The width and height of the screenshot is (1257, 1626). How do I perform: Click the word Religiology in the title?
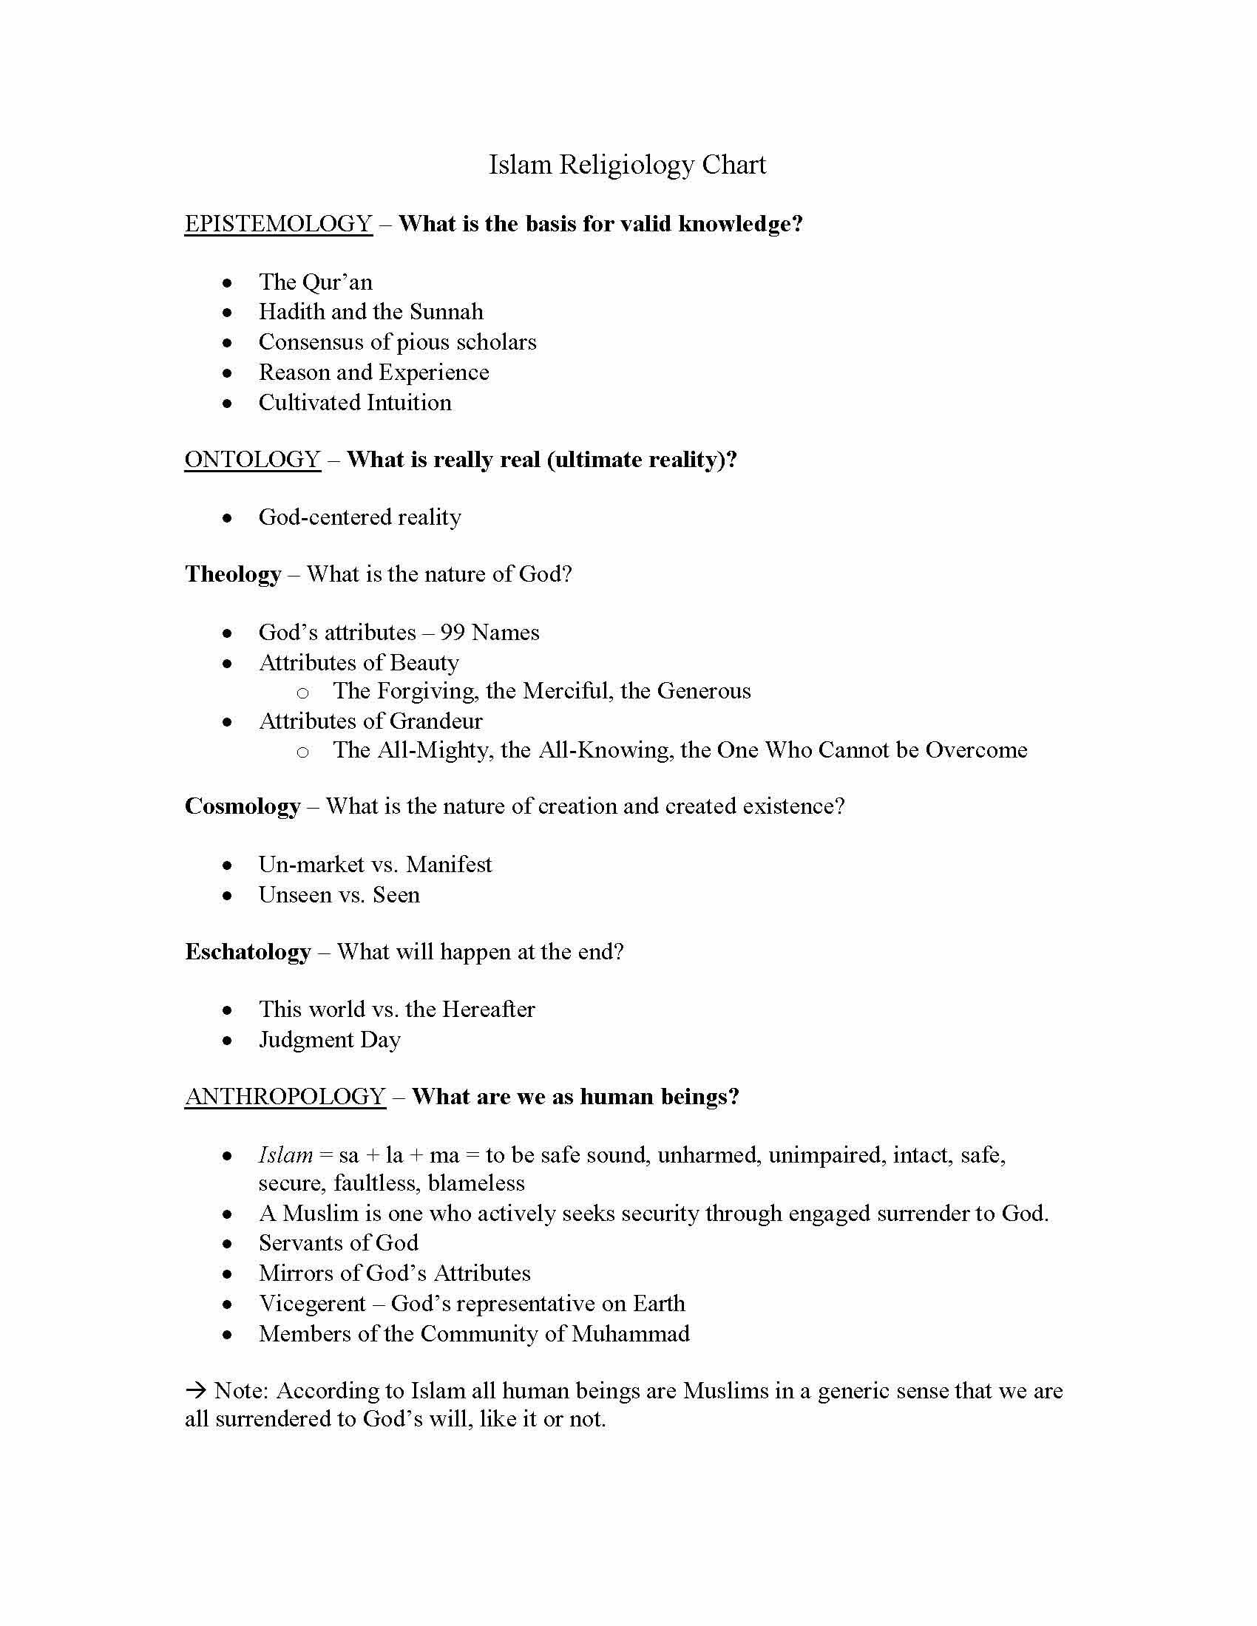(626, 166)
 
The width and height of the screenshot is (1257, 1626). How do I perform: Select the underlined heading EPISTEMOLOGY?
(278, 224)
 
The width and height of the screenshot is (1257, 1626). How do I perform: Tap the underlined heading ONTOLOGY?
(252, 460)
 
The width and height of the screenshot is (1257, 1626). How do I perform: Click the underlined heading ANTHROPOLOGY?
(285, 1097)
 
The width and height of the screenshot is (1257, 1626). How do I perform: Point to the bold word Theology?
(233, 574)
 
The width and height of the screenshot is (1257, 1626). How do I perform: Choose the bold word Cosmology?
(243, 806)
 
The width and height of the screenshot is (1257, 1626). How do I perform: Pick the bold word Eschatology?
(248, 951)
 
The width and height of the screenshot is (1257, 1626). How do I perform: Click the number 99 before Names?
(453, 633)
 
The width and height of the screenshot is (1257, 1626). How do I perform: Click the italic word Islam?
(285, 1154)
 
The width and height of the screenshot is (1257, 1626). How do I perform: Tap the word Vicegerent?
(312, 1304)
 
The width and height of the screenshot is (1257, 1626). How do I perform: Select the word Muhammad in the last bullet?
(630, 1333)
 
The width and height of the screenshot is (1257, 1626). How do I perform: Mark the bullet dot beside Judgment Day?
(228, 1041)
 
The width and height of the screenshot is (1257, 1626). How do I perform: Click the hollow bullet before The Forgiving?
(302, 693)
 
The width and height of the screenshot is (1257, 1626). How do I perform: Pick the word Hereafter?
(489, 1010)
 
